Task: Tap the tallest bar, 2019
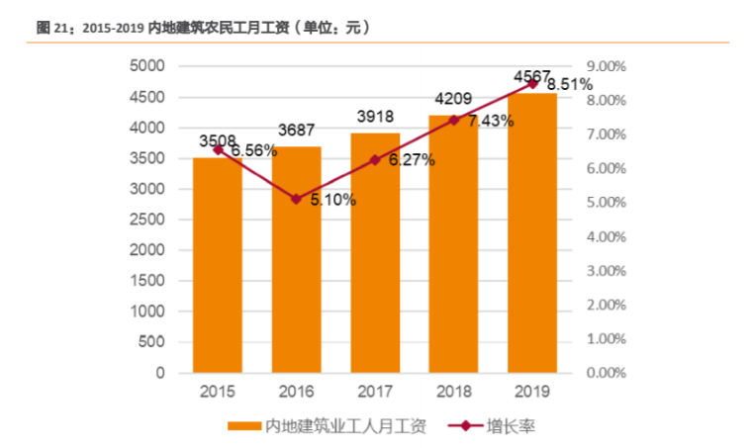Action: tap(532, 232)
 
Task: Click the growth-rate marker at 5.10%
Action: tap(297, 199)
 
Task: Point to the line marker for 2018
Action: tap(454, 120)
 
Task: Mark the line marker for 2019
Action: tap(532, 83)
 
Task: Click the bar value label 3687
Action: tap(297, 130)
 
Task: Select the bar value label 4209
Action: tap(454, 98)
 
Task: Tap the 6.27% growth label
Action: tap(410, 160)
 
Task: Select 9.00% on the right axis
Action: tap(607, 66)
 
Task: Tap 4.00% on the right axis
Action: tap(607, 237)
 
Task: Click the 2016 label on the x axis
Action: tap(297, 392)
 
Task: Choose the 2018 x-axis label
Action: tap(454, 392)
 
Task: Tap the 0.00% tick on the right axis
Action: tap(607, 374)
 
